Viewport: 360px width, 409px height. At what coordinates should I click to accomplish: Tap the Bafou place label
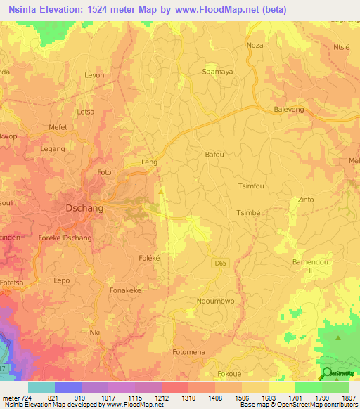coord(214,154)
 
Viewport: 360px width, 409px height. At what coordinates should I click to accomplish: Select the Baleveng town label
coord(291,110)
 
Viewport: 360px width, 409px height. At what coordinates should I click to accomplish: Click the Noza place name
coord(255,44)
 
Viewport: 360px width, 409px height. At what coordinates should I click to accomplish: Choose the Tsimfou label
coord(251,186)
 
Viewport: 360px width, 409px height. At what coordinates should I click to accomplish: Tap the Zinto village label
coord(306,200)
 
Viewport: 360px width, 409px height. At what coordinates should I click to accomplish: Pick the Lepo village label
coord(62,280)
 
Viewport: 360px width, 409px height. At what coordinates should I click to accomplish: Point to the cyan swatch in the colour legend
coord(41,387)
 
